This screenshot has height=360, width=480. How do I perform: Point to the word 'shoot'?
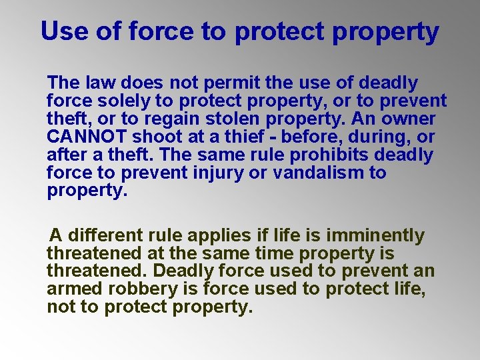coord(156,137)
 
